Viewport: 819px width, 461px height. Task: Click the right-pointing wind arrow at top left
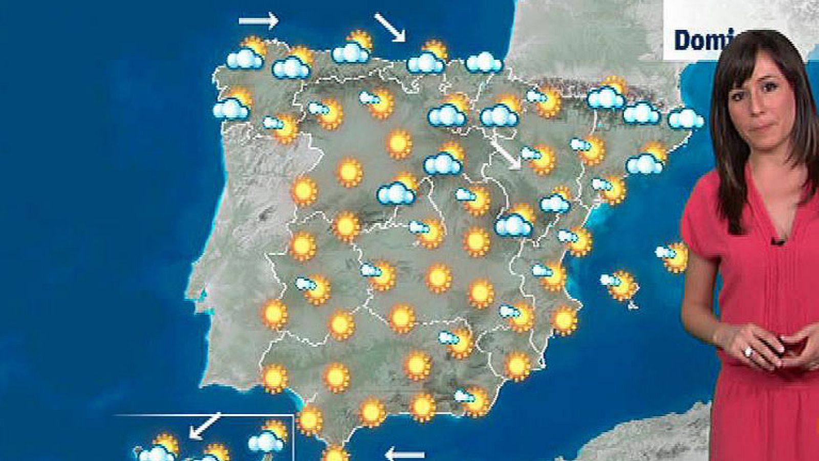258,21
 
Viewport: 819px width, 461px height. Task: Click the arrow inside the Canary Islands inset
205,425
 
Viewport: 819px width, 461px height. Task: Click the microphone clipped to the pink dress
778,241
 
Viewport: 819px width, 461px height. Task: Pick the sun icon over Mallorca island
622,284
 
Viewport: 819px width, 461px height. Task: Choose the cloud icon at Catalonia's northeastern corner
685,119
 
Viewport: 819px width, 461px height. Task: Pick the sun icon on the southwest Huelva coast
275,378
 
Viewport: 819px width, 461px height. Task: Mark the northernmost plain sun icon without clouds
400,144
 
